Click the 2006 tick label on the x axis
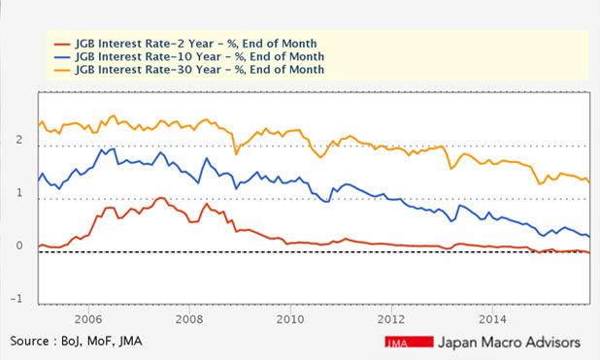pyautogui.click(x=87, y=318)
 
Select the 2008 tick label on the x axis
pyautogui.click(x=188, y=318)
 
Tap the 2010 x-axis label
pyautogui.click(x=289, y=318)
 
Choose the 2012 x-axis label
pyautogui.click(x=390, y=318)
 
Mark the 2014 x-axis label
pyautogui.click(x=491, y=318)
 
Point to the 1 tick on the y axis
pyautogui.click(x=18, y=194)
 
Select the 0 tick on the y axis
pyautogui.click(x=18, y=246)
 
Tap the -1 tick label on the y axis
pyautogui.click(x=17, y=299)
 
